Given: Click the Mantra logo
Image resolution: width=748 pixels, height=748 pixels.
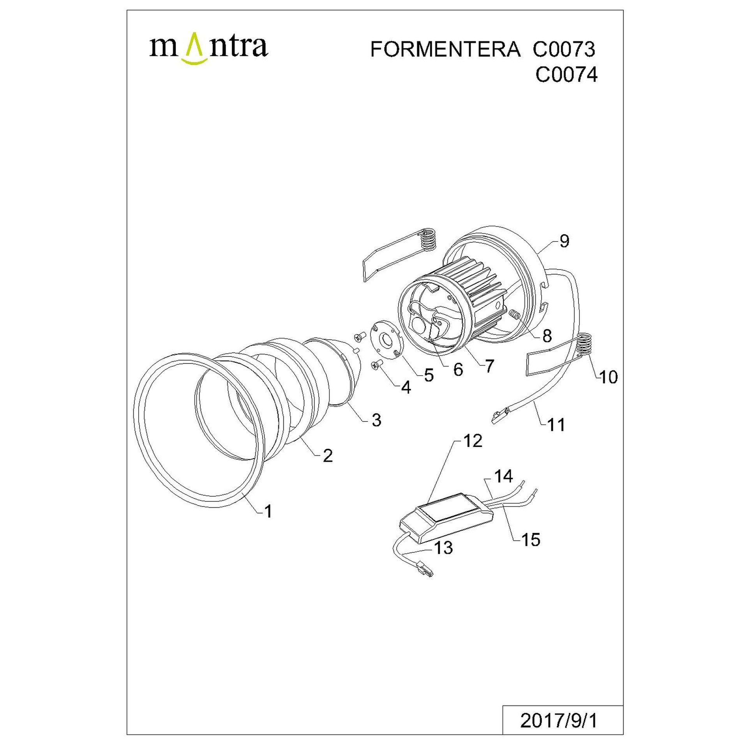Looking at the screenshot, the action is [209, 48].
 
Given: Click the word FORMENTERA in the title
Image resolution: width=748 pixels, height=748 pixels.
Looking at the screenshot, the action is [445, 49].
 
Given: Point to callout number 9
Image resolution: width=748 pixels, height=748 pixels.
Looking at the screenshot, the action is [564, 241].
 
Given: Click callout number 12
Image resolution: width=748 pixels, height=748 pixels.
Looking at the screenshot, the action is [473, 441].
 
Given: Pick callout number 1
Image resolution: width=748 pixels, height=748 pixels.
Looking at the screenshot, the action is [268, 512].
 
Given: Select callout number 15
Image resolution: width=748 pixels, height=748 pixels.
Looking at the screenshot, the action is [531, 540].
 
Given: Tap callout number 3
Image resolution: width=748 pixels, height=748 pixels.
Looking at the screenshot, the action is [376, 420].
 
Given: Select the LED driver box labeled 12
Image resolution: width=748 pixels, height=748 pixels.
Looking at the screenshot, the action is [447, 518].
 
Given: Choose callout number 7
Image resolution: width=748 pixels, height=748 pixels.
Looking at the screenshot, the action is [489, 365].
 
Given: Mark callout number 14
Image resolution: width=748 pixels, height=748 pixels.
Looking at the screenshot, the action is [503, 476].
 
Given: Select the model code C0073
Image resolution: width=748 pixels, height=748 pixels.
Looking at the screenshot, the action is [564, 49].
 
